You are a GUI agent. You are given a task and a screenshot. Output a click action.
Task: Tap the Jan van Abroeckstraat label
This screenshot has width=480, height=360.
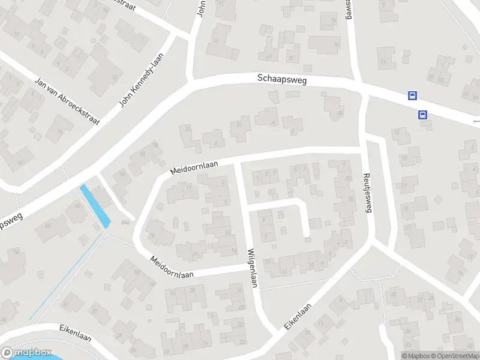[67, 101]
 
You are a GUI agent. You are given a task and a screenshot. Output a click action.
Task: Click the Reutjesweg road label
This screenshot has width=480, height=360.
[368, 193]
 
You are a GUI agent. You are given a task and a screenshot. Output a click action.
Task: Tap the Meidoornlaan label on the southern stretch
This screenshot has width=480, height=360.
[172, 267]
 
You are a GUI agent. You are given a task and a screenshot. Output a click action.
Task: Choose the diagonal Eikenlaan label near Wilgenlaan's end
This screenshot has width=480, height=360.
[298, 316]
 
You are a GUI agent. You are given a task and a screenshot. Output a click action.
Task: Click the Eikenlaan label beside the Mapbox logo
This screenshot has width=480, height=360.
[75, 332]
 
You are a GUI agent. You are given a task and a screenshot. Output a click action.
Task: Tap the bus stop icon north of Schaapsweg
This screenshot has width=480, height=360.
[412, 95]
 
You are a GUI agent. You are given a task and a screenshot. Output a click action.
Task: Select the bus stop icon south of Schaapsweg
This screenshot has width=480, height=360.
[423, 115]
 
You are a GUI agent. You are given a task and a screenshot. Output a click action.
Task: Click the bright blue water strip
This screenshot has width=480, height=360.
[95, 206]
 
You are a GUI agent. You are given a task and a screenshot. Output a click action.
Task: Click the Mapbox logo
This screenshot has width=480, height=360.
[25, 353]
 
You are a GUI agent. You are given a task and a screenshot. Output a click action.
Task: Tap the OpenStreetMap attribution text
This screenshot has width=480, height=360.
[456, 356]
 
